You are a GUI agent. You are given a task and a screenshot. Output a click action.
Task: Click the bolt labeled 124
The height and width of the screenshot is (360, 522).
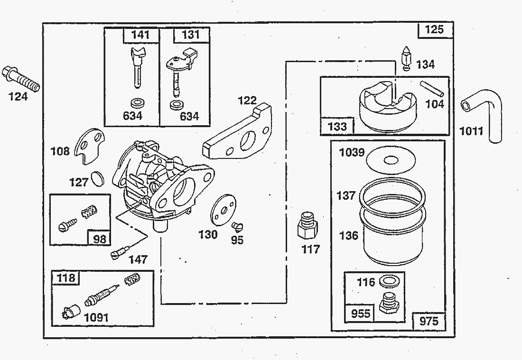tap(21, 79)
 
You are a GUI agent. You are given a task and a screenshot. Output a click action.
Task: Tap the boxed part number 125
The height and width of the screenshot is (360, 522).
tap(434, 29)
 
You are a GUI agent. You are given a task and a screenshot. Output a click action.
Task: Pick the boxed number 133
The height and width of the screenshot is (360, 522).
tap(337, 126)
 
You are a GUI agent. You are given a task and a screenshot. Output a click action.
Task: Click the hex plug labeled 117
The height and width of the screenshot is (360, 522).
tap(307, 227)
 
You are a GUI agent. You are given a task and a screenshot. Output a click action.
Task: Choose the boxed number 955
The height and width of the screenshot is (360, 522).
tap(361, 314)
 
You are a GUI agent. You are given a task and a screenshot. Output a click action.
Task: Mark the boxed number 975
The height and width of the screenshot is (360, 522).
tap(429, 321)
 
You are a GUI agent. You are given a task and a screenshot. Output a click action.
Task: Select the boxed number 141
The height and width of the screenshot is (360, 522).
tap(141, 35)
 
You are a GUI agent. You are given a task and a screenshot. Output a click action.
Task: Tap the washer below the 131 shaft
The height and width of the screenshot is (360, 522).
tap(177, 104)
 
